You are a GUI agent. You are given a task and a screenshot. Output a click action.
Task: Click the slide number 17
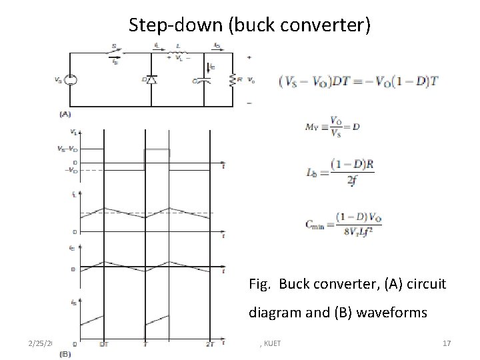pyautogui.click(x=447, y=343)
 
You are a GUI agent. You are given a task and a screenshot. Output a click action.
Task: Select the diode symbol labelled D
pyautogui.click(x=151, y=80)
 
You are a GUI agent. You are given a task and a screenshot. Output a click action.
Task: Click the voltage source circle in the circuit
pyautogui.click(x=71, y=80)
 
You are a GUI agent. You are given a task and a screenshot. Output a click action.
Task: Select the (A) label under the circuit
pyautogui.click(x=65, y=114)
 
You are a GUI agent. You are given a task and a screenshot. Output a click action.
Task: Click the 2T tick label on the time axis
pyautogui.click(x=211, y=344)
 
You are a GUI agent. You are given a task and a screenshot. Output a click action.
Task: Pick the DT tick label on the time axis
pyautogui.click(x=105, y=344)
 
